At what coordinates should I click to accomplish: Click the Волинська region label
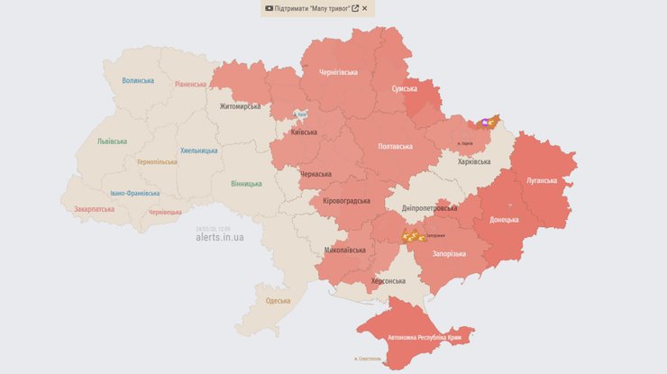point(138,80)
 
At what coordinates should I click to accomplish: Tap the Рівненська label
point(190,86)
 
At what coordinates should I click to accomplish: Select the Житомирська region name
point(240,106)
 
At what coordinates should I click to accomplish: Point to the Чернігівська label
point(338,72)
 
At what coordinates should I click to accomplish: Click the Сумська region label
point(404,89)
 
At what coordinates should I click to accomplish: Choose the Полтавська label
point(395,146)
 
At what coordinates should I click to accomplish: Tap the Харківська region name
point(474,162)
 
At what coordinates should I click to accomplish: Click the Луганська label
point(543,180)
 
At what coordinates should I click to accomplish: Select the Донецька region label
point(503,219)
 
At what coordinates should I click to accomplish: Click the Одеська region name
point(278,301)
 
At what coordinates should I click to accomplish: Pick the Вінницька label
point(246,184)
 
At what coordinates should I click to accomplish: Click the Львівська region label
point(113,141)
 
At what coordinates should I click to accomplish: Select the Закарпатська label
point(95,209)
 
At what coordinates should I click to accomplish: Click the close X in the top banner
point(365,8)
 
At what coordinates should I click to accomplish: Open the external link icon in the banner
point(355,8)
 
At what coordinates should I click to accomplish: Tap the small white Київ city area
point(301,115)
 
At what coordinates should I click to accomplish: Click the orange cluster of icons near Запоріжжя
point(413,236)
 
